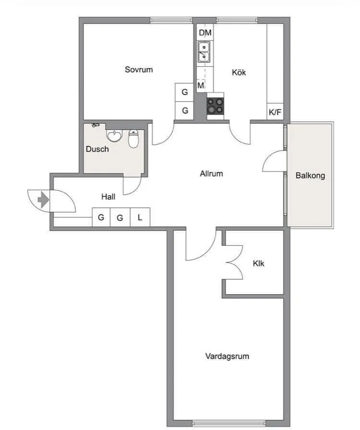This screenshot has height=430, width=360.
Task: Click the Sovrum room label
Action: (139, 70)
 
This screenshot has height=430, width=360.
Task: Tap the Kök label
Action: (239, 72)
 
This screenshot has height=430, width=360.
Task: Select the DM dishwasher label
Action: (205, 33)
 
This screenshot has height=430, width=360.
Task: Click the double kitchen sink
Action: (204, 52)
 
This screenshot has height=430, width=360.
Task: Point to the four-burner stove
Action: (216, 106)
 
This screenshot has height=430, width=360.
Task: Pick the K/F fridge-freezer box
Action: (275, 112)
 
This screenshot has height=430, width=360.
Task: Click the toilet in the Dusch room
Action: (133, 139)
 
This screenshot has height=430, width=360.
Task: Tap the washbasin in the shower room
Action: (114, 135)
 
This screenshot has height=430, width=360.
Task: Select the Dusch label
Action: (97, 149)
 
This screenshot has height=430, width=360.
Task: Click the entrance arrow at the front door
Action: (43, 200)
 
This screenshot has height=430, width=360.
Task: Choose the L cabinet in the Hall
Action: (140, 217)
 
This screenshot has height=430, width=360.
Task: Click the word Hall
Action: (108, 197)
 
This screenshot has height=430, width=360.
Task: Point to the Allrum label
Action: (211, 174)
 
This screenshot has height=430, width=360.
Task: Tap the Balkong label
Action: (311, 176)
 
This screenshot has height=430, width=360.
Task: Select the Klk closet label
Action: (258, 263)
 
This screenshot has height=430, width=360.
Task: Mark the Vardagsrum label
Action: (227, 356)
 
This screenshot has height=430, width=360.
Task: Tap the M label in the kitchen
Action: (201, 85)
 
